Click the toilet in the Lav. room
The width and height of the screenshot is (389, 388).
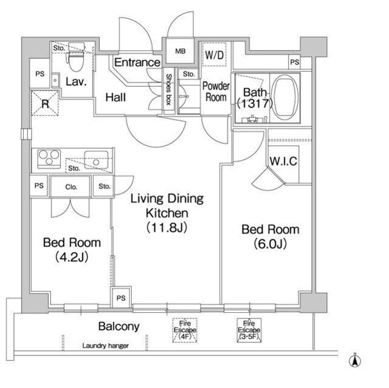coord(75,58)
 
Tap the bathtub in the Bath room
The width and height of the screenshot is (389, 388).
coord(285,98)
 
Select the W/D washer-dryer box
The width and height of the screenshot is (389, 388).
coord(214,54)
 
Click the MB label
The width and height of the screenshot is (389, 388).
coord(180,51)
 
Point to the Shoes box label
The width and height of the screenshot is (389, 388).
coord(169,89)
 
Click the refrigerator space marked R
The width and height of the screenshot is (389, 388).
coord(45,103)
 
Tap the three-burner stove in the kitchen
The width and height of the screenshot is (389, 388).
coord(49,158)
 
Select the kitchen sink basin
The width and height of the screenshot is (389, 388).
coord(96,160)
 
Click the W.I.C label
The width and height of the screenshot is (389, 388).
coord(283,162)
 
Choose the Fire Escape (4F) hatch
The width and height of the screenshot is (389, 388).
coord(185,330)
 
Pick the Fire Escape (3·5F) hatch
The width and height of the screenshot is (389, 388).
coord(249,330)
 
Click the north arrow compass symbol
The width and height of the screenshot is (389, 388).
coord(355,361)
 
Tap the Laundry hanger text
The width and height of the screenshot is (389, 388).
coord(105,345)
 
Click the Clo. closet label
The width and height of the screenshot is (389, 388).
coord(71,187)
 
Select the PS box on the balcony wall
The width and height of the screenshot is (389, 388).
coord(121,297)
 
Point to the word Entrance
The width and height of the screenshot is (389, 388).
coord(137,62)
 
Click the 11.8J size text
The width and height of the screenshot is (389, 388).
coord(167,228)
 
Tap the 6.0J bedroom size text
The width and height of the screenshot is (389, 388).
coord(270,244)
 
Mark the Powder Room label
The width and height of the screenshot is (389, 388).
coord(216,92)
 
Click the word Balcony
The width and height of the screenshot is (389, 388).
coord(119,326)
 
